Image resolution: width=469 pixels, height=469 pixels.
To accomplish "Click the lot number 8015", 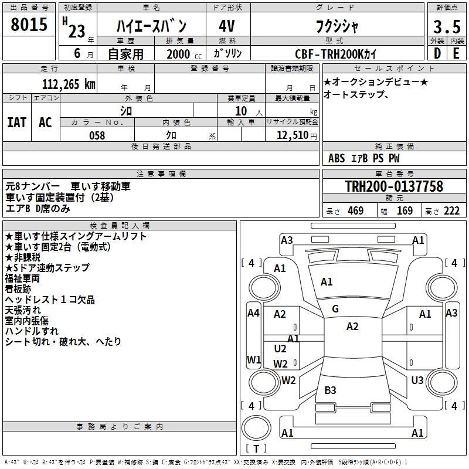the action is pyautogui.click(x=29, y=24).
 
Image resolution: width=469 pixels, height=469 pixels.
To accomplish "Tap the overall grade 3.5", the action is pyautogui.click(x=447, y=26).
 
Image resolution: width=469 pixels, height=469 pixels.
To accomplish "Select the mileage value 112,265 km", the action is pyautogui.click(x=69, y=84).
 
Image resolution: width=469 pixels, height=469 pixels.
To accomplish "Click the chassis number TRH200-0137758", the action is pyautogui.click(x=394, y=186).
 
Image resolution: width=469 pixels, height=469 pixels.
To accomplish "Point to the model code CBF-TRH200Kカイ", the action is pyautogui.click(x=335, y=54).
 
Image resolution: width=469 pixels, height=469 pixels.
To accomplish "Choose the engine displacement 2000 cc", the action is pyautogui.click(x=184, y=54).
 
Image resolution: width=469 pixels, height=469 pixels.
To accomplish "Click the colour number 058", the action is pyautogui.click(x=97, y=135).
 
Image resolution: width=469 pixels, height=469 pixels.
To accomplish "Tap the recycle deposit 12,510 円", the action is pyautogui.click(x=297, y=135).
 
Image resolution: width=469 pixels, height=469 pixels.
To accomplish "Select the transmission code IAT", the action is pyautogui.click(x=16, y=123).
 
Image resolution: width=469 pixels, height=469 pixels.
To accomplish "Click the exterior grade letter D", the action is pyautogui.click(x=437, y=53).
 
